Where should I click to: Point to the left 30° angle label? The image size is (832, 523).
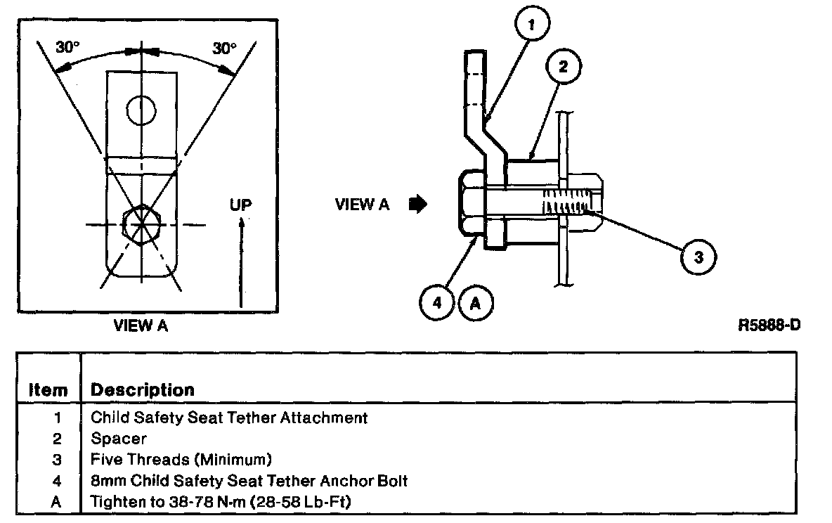click(68, 47)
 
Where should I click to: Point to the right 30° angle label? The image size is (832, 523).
click(224, 49)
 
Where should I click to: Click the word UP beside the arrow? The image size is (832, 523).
click(240, 205)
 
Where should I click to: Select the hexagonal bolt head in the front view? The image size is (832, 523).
click(141, 225)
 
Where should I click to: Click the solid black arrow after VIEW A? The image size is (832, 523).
click(418, 204)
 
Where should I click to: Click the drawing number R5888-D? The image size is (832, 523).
click(769, 325)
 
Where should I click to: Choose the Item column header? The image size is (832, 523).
click(48, 389)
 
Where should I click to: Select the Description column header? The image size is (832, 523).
click(143, 390)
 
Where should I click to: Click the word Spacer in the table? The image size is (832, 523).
click(119, 439)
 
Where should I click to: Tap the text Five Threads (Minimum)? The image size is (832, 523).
click(181, 459)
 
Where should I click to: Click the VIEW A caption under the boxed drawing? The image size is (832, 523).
click(141, 325)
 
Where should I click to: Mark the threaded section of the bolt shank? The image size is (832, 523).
click(566, 202)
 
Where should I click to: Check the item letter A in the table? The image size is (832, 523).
click(56, 502)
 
